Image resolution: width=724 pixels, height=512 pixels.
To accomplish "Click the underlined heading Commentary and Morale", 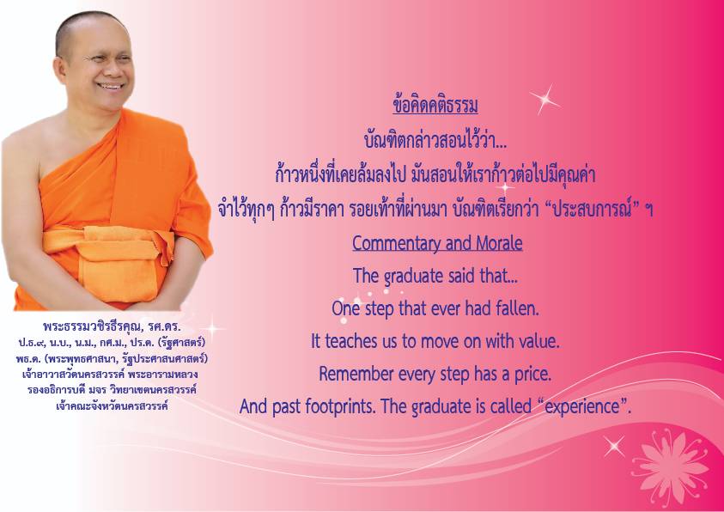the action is (x=437, y=243).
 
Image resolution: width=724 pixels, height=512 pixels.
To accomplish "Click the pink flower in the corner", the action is (x=672, y=468).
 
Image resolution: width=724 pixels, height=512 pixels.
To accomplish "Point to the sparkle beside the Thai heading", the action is (x=544, y=100).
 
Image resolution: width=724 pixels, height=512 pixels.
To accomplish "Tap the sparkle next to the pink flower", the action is (x=614, y=446).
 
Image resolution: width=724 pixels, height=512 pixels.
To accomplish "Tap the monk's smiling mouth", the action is (x=111, y=86).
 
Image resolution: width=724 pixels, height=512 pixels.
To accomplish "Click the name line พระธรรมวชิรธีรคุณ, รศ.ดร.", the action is (x=113, y=326).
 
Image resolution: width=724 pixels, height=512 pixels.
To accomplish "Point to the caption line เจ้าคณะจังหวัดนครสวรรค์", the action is (x=113, y=406).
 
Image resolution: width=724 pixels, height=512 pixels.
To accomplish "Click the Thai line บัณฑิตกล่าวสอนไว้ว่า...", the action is (x=435, y=140).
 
